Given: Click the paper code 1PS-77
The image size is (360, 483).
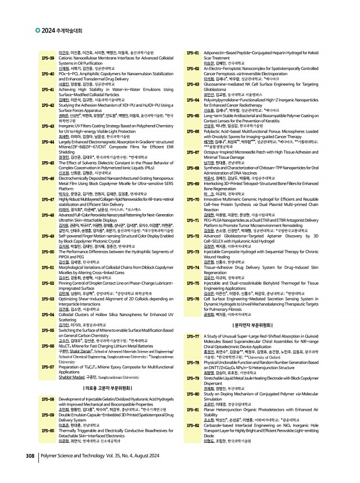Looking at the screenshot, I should [x=194, y=337].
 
